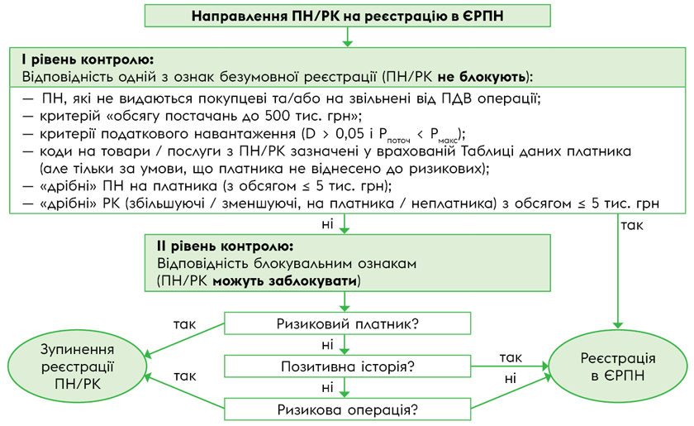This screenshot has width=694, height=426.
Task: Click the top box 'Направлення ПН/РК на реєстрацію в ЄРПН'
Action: [347, 15]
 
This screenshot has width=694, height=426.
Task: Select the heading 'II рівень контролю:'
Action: [224, 247]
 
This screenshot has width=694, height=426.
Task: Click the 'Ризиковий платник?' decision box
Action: [347, 323]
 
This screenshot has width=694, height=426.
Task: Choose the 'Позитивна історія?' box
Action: [347, 366]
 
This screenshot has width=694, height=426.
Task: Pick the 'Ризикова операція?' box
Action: [347, 409]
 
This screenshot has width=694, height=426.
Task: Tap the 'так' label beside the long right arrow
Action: [632, 224]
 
